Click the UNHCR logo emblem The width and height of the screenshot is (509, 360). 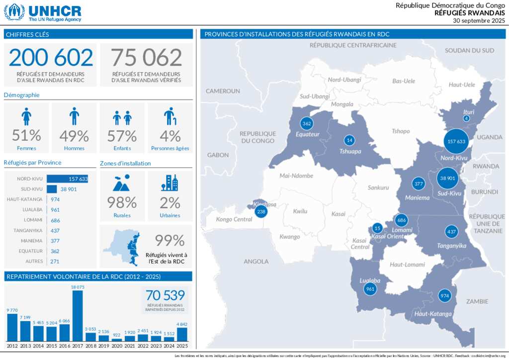coord(14,12)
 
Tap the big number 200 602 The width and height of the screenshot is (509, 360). coord(51,58)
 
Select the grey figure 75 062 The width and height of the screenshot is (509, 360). coord(146,58)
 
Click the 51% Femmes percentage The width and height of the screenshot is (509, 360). coord(26,135)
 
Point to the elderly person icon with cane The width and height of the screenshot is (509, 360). coord(170,117)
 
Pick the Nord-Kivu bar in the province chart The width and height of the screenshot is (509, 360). coord(67,179)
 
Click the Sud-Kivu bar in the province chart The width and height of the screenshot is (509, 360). coord(52,189)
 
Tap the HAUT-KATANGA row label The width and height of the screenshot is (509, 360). coord(25,199)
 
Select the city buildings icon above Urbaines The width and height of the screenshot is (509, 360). coord(170,183)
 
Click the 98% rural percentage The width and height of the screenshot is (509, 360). coord(122,202)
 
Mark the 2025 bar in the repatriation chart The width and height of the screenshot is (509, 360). coord(182,334)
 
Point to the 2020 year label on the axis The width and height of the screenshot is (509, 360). coord(117,345)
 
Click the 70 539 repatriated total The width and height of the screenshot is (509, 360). coord(165,295)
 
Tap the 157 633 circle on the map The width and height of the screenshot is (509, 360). coord(456,141)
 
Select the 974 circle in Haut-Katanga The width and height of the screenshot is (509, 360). coord(444,296)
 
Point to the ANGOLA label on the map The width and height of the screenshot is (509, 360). coord(256,261)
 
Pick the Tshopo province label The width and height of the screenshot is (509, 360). coord(401,131)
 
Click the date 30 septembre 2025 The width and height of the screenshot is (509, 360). coord(479,21)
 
